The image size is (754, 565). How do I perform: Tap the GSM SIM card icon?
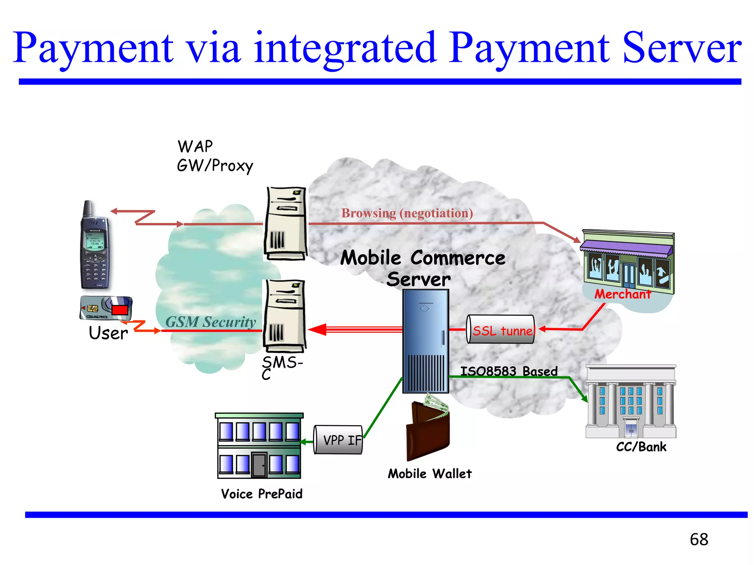(106, 308)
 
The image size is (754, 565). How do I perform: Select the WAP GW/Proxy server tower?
(286, 224)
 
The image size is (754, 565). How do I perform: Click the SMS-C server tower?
(284, 315)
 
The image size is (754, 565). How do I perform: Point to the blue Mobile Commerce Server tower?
(426, 341)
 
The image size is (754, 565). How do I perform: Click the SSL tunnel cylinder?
(501, 330)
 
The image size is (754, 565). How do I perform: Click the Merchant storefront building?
(628, 263)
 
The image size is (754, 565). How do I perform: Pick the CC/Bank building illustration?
(631, 402)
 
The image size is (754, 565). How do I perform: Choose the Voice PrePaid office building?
(259, 446)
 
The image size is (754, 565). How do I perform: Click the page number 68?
(699, 539)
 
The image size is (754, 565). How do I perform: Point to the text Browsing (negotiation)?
(407, 213)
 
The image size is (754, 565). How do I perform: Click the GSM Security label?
(211, 322)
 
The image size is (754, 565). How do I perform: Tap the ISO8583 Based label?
(509, 371)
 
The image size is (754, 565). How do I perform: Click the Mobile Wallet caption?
(429, 474)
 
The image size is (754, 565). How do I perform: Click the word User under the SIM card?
(108, 333)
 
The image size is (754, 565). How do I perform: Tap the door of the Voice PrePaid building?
(259, 465)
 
